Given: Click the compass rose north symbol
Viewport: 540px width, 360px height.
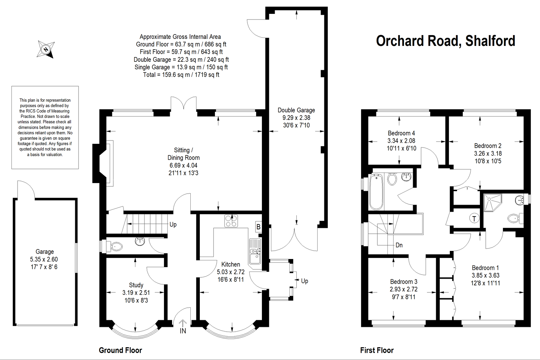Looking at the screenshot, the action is click(x=46, y=49).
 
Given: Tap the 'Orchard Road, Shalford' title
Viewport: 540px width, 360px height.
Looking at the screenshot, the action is click(x=446, y=41).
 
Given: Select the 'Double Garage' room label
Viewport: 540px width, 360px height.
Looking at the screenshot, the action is click(x=296, y=110).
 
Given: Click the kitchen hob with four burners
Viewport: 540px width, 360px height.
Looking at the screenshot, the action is click(x=231, y=221).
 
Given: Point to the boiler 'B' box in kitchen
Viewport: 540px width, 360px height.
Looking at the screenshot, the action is click(x=259, y=227).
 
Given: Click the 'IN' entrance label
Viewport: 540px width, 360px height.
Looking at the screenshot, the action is click(x=183, y=331).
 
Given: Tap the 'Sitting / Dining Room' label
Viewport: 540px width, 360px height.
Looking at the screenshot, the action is click(x=184, y=154).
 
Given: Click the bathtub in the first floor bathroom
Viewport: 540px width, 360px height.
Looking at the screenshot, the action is click(x=376, y=192).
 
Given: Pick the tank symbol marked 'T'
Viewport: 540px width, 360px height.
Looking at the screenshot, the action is click(x=474, y=218).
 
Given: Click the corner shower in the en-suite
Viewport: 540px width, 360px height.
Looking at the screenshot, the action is click(x=492, y=202).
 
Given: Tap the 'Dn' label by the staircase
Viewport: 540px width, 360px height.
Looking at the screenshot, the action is click(x=399, y=245).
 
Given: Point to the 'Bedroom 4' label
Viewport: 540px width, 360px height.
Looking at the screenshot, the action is click(x=401, y=133).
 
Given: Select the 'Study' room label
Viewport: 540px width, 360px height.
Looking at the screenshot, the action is click(x=136, y=285).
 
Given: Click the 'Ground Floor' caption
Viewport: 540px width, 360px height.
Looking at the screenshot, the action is click(x=120, y=350).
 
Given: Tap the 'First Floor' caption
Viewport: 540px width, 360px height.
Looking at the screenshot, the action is click(x=377, y=350).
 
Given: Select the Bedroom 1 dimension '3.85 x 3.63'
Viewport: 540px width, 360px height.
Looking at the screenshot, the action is click(x=486, y=275).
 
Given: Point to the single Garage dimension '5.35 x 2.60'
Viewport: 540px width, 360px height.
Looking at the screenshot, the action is click(x=44, y=259).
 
